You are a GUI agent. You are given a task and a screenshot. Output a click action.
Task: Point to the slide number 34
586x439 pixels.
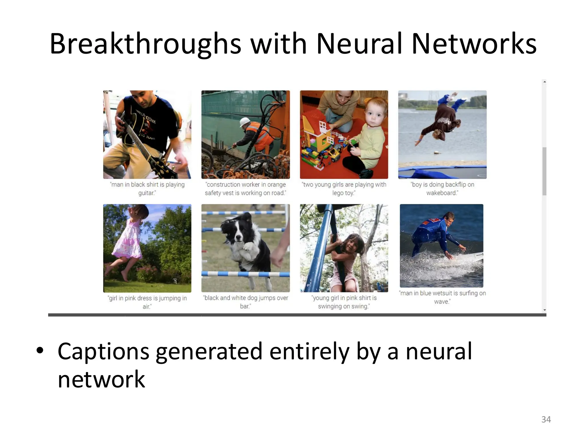pos(546,419)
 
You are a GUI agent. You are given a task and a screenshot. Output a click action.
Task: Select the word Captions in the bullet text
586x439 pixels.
pos(103,351)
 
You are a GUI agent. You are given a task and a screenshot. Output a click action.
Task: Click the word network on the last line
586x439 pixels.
pos(101,380)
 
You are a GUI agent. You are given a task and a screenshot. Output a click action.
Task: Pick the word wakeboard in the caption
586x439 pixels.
pos(442,193)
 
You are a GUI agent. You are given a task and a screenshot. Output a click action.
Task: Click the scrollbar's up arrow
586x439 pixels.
pos(545,82)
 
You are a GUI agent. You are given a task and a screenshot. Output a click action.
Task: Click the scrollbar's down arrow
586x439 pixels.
pos(545,310)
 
